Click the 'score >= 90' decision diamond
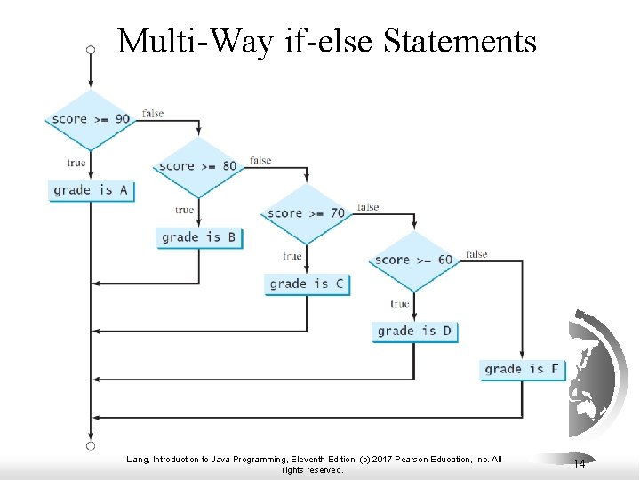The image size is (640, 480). [x=91, y=119]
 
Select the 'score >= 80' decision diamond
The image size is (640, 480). [x=198, y=166]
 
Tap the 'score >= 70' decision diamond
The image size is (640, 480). [x=307, y=213]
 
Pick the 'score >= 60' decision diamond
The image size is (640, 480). [x=413, y=260]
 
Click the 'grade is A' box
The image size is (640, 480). [x=91, y=190]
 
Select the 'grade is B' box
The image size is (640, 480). [x=198, y=237]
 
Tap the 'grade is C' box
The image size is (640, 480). [x=307, y=284]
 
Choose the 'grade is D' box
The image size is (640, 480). [x=414, y=331]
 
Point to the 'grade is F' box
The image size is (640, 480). [x=522, y=369]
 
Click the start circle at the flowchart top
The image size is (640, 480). [x=91, y=50]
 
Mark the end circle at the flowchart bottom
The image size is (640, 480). [x=91, y=445]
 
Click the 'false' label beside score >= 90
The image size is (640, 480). [x=153, y=114]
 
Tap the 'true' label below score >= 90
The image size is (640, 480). [x=76, y=163]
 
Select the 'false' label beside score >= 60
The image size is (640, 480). [x=476, y=254]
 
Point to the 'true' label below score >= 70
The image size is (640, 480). [x=292, y=256]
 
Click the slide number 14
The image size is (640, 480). [x=580, y=464]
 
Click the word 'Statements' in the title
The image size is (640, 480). [x=460, y=41]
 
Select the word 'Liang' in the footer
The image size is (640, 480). [x=140, y=460]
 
